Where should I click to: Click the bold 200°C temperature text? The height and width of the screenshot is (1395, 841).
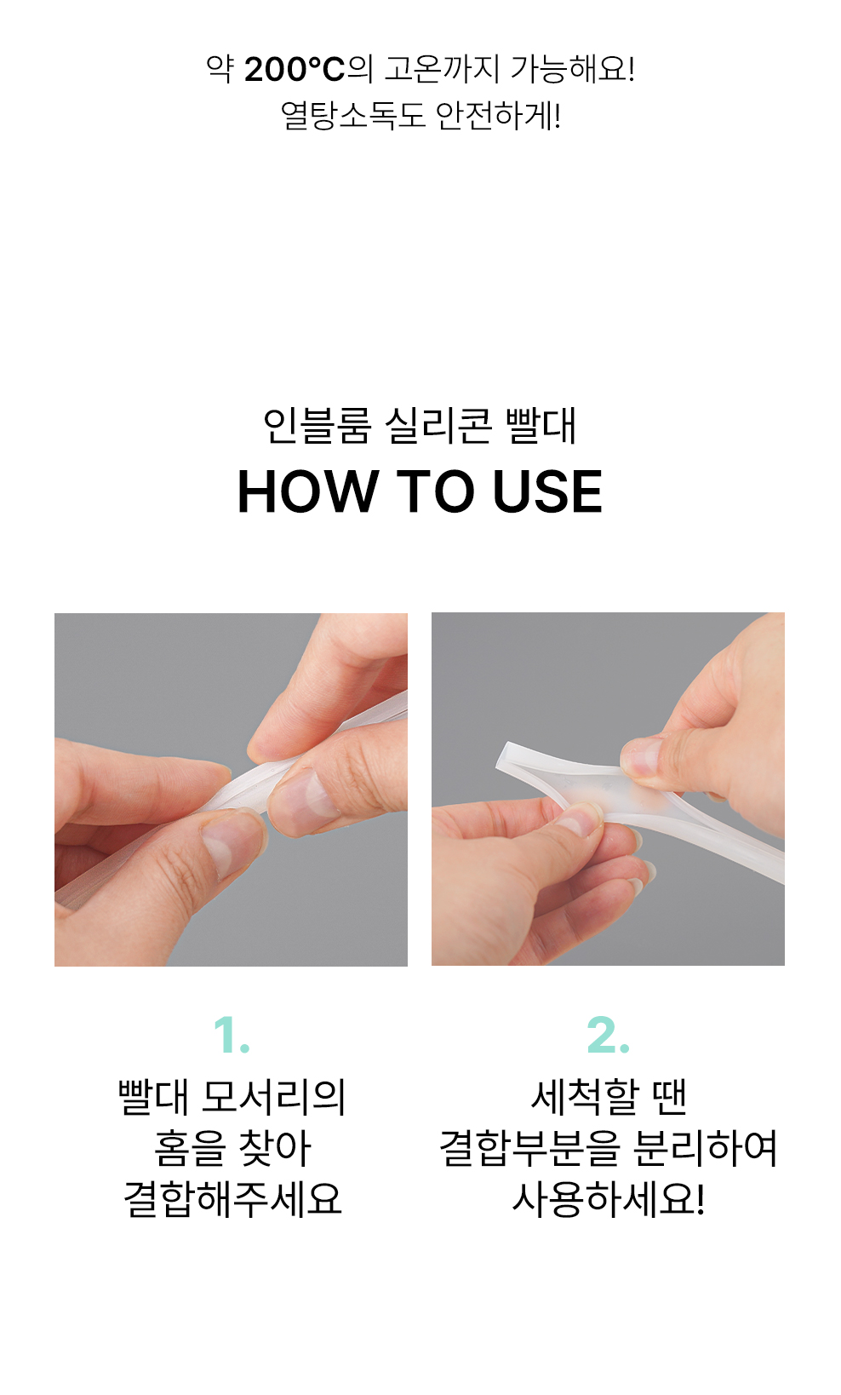[295, 69]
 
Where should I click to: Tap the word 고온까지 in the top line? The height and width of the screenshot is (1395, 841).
[441, 69]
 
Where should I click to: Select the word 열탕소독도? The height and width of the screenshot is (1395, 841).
[352, 116]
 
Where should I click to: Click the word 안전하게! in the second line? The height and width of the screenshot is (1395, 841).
[498, 116]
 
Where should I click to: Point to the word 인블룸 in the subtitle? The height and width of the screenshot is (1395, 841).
[317, 426]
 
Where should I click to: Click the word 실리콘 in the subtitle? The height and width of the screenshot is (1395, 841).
[438, 426]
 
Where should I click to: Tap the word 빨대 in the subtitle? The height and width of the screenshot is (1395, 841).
[541, 426]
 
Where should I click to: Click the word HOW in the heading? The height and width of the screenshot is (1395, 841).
[308, 491]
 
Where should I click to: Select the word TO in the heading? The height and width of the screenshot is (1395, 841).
[435, 491]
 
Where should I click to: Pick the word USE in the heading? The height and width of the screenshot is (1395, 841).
[547, 491]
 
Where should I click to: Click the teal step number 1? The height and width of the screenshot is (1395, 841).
[231, 1036]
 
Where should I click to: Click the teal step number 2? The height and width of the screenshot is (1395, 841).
[608, 1036]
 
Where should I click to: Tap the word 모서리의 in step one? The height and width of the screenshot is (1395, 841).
[274, 1097]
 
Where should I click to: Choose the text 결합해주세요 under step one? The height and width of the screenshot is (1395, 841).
[233, 1199]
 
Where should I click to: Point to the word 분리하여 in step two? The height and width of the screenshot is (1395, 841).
[706, 1148]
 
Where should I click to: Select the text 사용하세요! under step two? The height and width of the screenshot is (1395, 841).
[608, 1199]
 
